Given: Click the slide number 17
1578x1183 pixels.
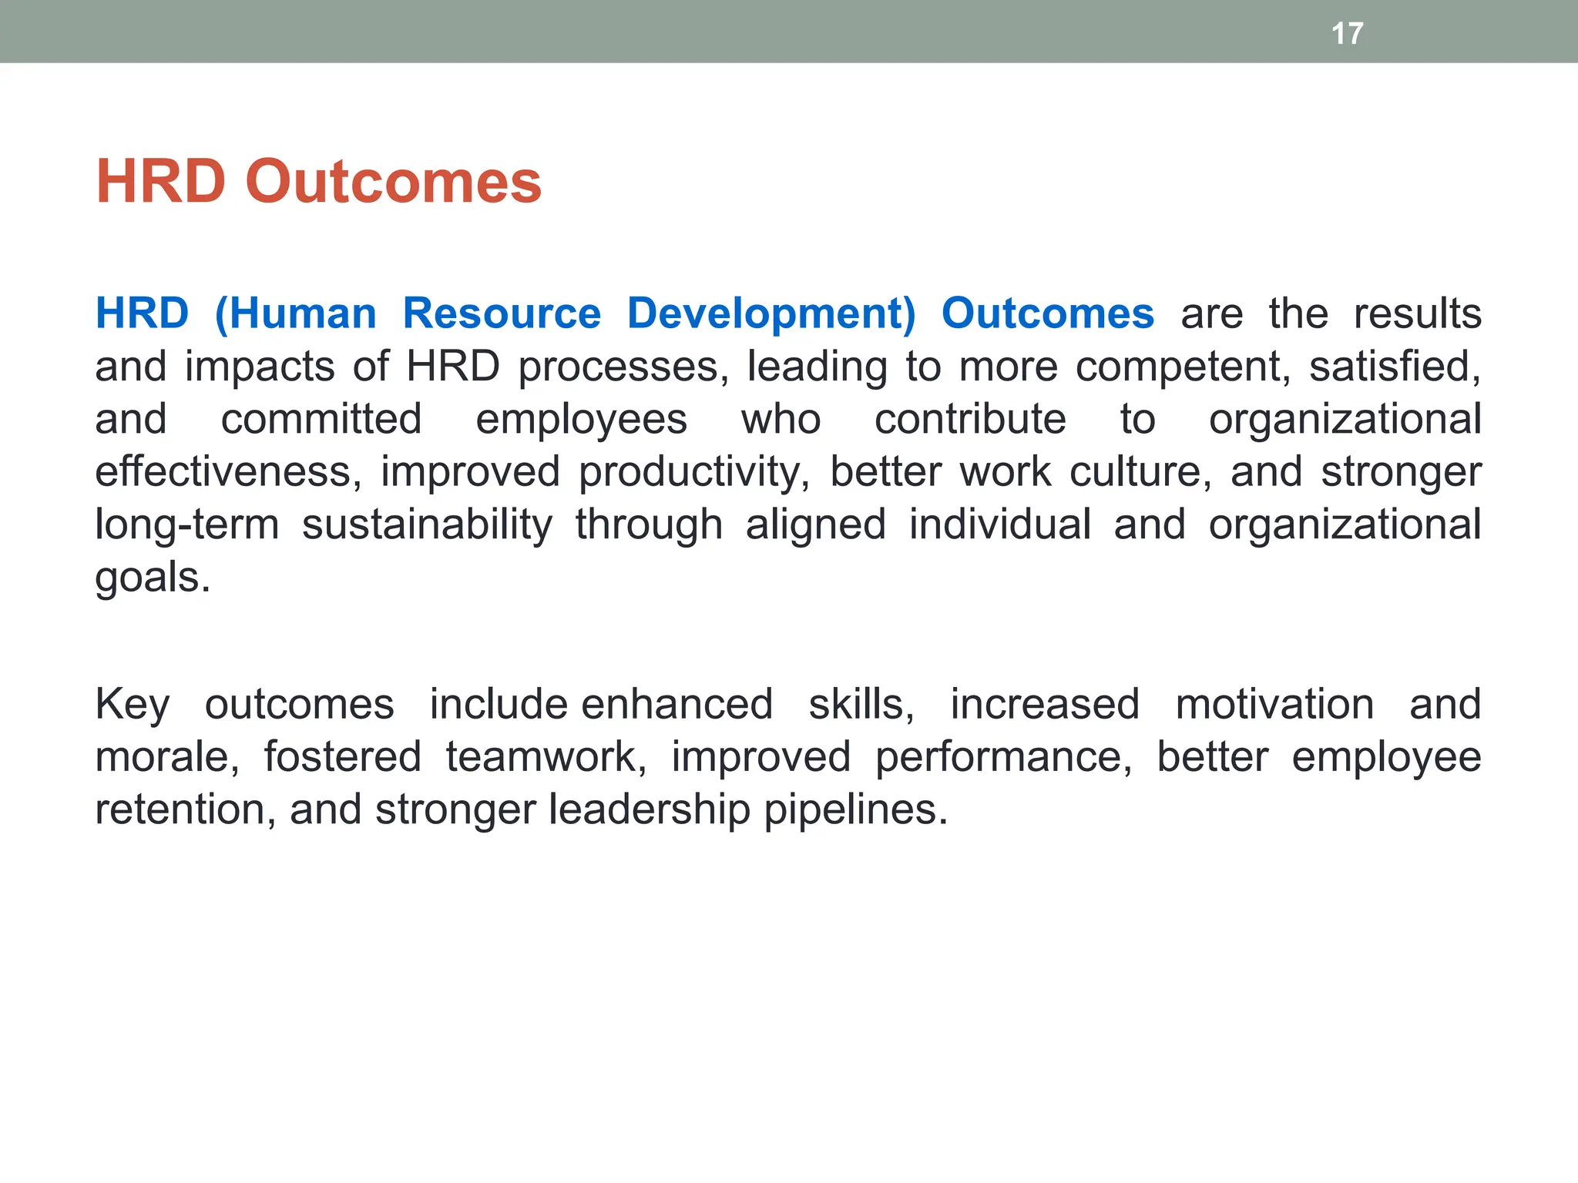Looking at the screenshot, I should tap(1347, 33).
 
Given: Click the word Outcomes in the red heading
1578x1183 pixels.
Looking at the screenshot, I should tap(393, 183).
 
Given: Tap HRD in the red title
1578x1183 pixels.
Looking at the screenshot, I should tap(160, 183).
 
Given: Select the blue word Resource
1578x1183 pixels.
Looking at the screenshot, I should tap(502, 314).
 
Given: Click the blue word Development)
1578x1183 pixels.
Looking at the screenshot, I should tap(771, 314).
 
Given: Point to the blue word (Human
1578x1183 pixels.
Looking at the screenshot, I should tap(295, 314).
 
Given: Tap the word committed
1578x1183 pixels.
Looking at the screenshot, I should tap(321, 420).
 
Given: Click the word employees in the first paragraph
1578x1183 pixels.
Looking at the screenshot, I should tap(581, 420).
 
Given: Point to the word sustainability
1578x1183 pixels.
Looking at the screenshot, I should tap(427, 525).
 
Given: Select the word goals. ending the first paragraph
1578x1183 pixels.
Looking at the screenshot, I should tap(153, 578).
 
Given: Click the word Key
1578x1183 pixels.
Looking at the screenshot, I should tap(132, 705).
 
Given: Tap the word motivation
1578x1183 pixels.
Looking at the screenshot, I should tap(1274, 705).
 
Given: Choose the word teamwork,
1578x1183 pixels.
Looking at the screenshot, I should tap(546, 757).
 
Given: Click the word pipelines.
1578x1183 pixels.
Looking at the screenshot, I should tap(855, 810).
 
